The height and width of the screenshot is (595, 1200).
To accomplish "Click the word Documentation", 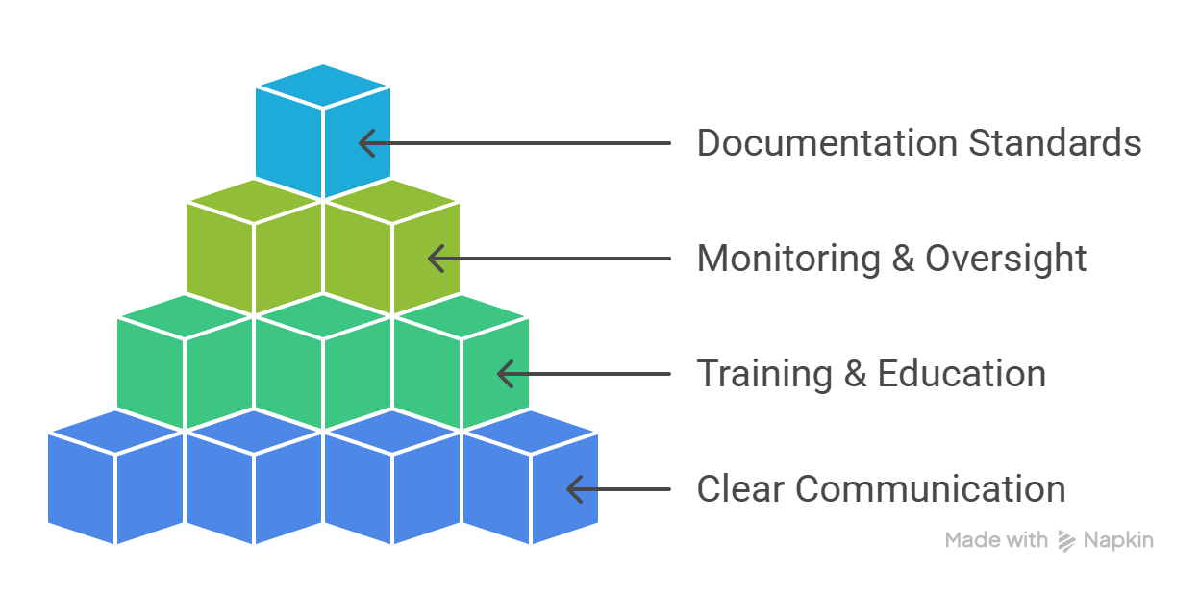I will pyautogui.click(x=827, y=143).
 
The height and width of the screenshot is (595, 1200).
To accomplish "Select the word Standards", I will pyautogui.click(x=1055, y=143).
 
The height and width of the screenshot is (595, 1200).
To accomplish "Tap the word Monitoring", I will pyautogui.click(x=788, y=259).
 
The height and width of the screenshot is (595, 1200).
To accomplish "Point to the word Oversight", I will pyautogui.click(x=1006, y=259).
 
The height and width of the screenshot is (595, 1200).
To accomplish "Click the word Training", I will pyautogui.click(x=764, y=374).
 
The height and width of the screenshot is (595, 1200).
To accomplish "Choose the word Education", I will pyautogui.click(x=962, y=374).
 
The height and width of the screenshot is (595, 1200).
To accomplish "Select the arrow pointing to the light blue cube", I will pyautogui.click(x=514, y=143).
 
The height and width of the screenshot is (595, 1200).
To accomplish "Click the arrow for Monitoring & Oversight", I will pyautogui.click(x=548, y=259).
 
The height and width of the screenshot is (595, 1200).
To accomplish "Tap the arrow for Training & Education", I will pyautogui.click(x=583, y=374).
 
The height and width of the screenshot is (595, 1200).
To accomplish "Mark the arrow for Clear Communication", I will pyautogui.click(x=617, y=489).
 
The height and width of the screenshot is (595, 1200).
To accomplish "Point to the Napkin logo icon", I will pyautogui.click(x=1066, y=541).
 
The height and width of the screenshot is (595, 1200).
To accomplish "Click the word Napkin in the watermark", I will pyautogui.click(x=1118, y=540).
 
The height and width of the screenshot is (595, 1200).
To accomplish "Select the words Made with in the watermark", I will pyautogui.click(x=996, y=540).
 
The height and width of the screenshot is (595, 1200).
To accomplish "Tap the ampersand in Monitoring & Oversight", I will pyautogui.click(x=903, y=260).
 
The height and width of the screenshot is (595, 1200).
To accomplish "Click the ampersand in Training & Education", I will pyautogui.click(x=855, y=375).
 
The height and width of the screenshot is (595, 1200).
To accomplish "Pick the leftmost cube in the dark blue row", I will pyautogui.click(x=115, y=481).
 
